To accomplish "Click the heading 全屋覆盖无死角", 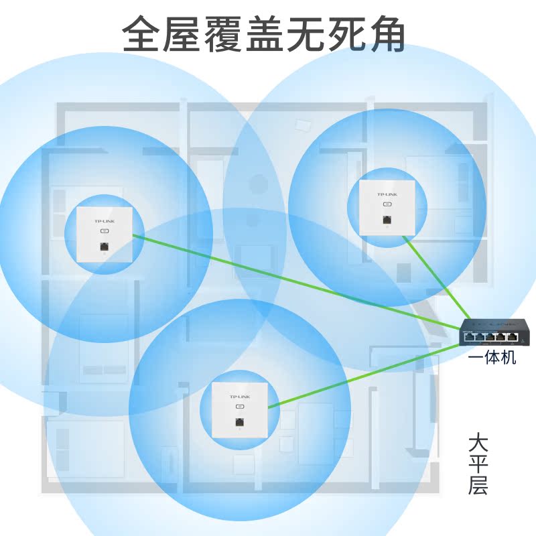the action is (x=265, y=35).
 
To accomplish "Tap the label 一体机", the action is (x=492, y=358).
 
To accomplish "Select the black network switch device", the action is (x=494, y=333).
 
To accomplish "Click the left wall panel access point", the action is (x=103, y=234).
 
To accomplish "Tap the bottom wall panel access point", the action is (x=239, y=409).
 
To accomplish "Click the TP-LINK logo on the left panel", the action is (x=104, y=220).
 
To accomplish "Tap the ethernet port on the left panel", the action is (x=104, y=247).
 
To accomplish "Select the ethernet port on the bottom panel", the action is (x=239, y=422).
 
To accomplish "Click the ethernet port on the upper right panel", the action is (x=387, y=220).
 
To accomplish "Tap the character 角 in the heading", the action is (x=387, y=35).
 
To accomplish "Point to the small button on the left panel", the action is (x=104, y=231).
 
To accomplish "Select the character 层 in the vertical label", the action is (x=478, y=486).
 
